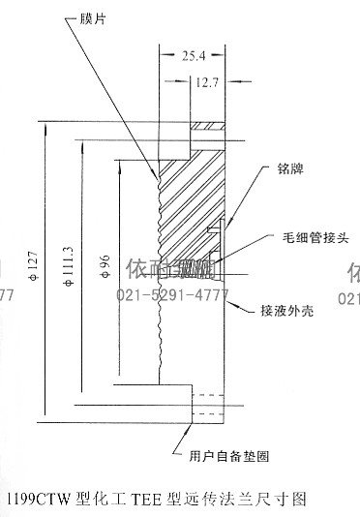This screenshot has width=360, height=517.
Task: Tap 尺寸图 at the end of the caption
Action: pyautogui.click(x=285, y=500)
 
